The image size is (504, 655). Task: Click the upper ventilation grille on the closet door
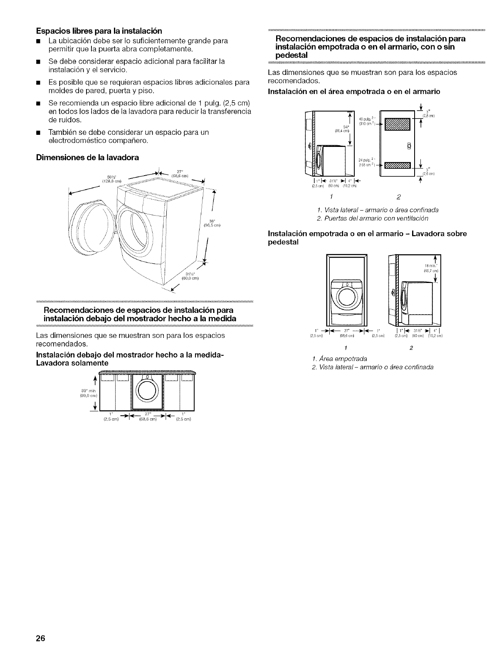(397, 124)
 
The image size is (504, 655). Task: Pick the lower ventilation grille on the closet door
(397, 165)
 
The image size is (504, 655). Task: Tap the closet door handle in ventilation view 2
(410, 146)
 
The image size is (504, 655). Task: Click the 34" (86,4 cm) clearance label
(344, 129)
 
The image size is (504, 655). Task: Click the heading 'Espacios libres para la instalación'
(99, 31)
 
